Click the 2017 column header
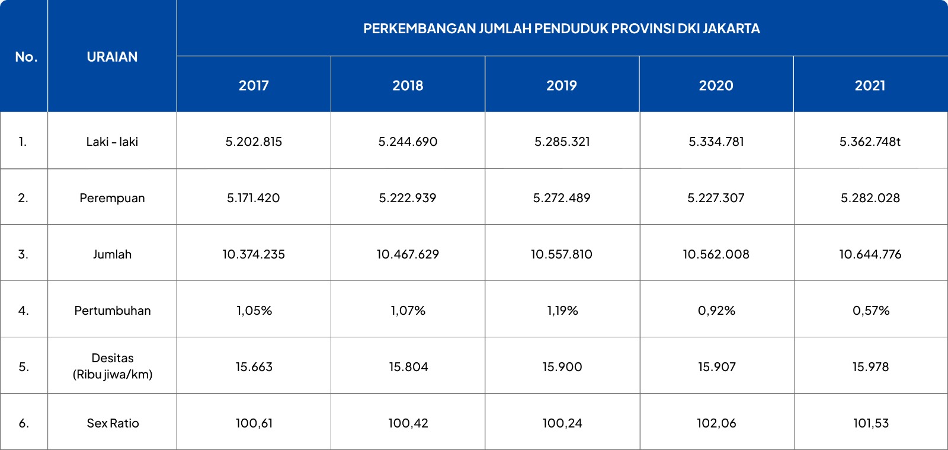click(x=254, y=85)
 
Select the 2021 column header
click(x=870, y=85)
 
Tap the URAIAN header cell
click(x=112, y=57)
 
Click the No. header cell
click(x=26, y=57)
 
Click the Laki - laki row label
click(x=112, y=142)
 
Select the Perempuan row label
click(x=112, y=198)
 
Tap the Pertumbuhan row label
click(x=113, y=311)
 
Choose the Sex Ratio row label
click(x=113, y=423)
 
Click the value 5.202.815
click(x=254, y=142)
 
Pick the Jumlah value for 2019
click(x=562, y=254)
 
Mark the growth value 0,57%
click(x=871, y=311)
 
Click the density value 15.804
click(x=408, y=367)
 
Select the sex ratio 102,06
click(x=716, y=423)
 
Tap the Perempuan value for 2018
click(x=408, y=198)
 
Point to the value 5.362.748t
click(x=870, y=142)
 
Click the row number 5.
click(x=24, y=367)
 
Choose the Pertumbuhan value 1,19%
click(x=562, y=311)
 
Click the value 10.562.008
click(x=716, y=254)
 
